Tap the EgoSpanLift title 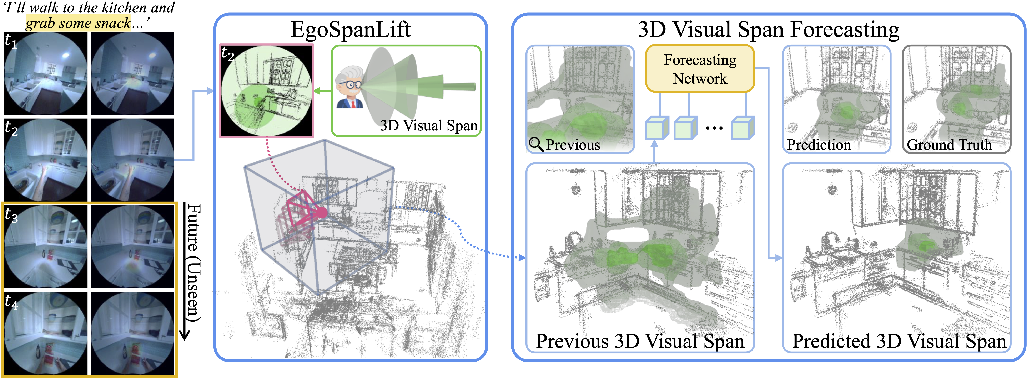[x=351, y=30]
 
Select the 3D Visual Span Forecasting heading [x=768, y=30]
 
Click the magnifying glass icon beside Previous [x=535, y=144]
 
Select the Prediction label [x=819, y=145]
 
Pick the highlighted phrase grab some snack [x=78, y=23]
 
